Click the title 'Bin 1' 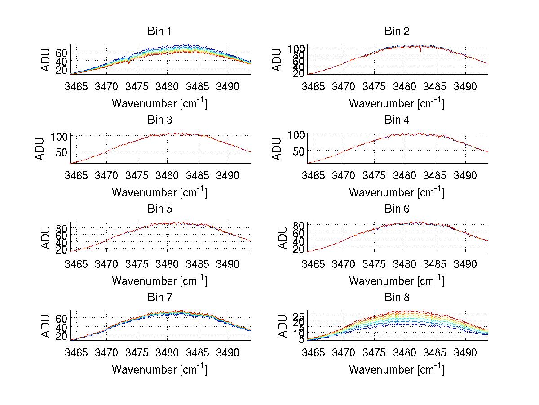(159, 31)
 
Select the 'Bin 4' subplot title (397, 120)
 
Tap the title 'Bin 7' (159, 298)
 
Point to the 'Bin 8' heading (397, 298)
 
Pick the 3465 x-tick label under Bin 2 (313, 87)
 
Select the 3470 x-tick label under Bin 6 (344, 264)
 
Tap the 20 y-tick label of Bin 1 (61, 70)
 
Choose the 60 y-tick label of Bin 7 (61, 318)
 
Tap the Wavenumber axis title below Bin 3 (159, 193)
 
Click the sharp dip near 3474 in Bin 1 (129, 62)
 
